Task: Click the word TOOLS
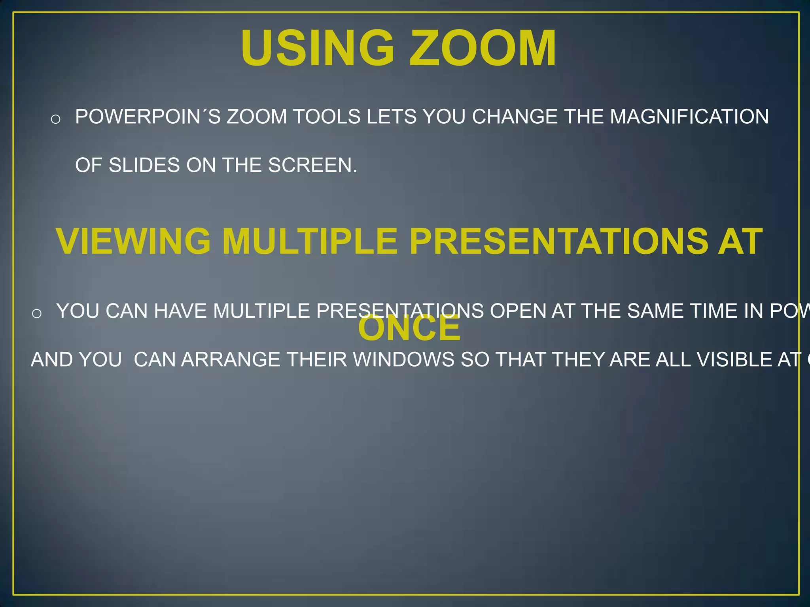(x=326, y=117)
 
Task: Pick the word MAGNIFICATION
(x=689, y=117)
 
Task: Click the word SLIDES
(x=144, y=165)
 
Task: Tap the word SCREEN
(x=312, y=165)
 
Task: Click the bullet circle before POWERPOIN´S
(x=55, y=119)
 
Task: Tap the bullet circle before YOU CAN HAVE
(x=36, y=314)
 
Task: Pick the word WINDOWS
(x=403, y=360)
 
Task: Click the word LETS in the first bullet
(x=391, y=117)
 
